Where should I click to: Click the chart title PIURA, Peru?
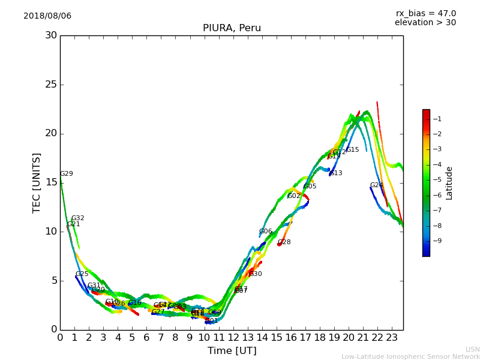click(x=232, y=28)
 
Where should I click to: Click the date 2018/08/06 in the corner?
click(x=47, y=16)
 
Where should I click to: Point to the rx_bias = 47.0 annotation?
click(x=426, y=14)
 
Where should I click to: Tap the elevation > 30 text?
click(x=425, y=23)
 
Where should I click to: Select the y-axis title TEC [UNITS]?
click(x=37, y=182)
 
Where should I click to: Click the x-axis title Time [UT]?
click(x=232, y=351)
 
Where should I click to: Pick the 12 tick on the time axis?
click(x=233, y=338)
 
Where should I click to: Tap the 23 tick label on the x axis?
click(x=392, y=338)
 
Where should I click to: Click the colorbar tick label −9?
click(x=437, y=241)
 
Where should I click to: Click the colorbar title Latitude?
click(x=449, y=182)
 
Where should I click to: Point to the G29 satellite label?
click(x=67, y=174)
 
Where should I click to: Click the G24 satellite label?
click(x=377, y=185)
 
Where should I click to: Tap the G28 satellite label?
click(x=284, y=242)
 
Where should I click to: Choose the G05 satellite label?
click(x=310, y=187)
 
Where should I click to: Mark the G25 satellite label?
click(x=82, y=274)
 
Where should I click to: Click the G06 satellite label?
click(x=266, y=232)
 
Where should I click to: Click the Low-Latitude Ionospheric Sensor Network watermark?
click(x=410, y=357)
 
